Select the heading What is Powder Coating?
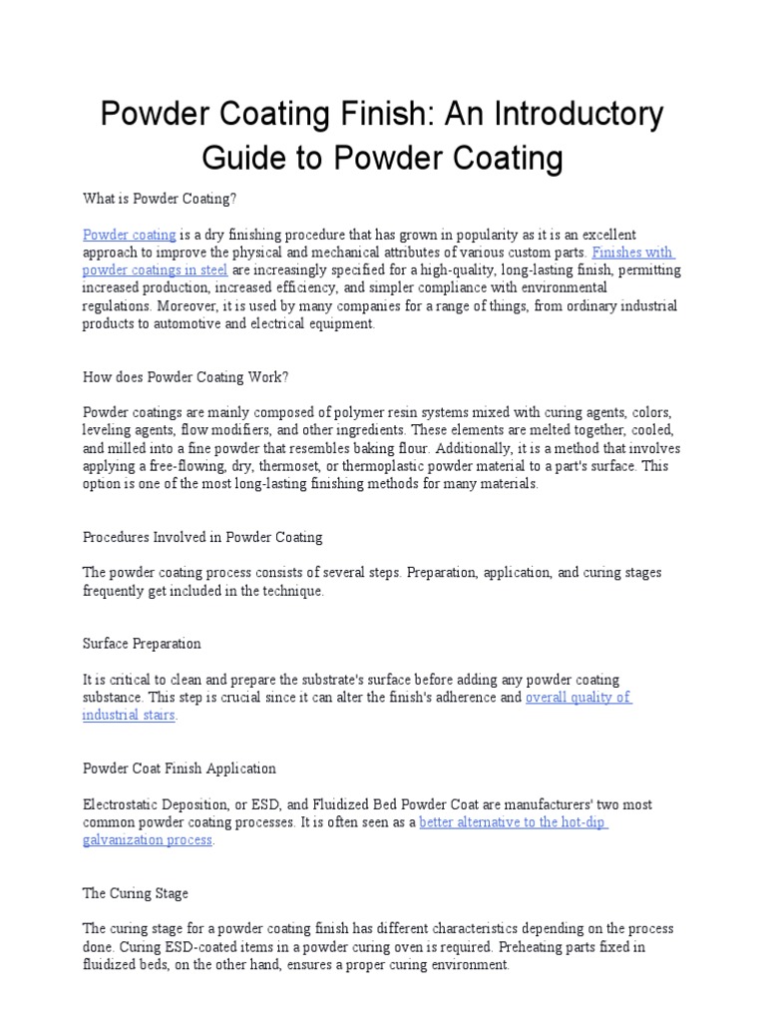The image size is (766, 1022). [159, 199]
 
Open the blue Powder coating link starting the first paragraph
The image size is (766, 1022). [129, 235]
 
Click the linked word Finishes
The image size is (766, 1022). [618, 253]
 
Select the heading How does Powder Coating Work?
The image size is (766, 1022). [185, 376]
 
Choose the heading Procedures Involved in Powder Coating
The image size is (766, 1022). [202, 537]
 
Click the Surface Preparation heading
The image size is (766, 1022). [142, 644]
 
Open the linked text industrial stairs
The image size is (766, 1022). [129, 716]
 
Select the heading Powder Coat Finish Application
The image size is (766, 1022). [179, 768]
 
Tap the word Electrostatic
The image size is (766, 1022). [121, 804]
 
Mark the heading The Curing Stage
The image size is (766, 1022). [135, 893]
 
